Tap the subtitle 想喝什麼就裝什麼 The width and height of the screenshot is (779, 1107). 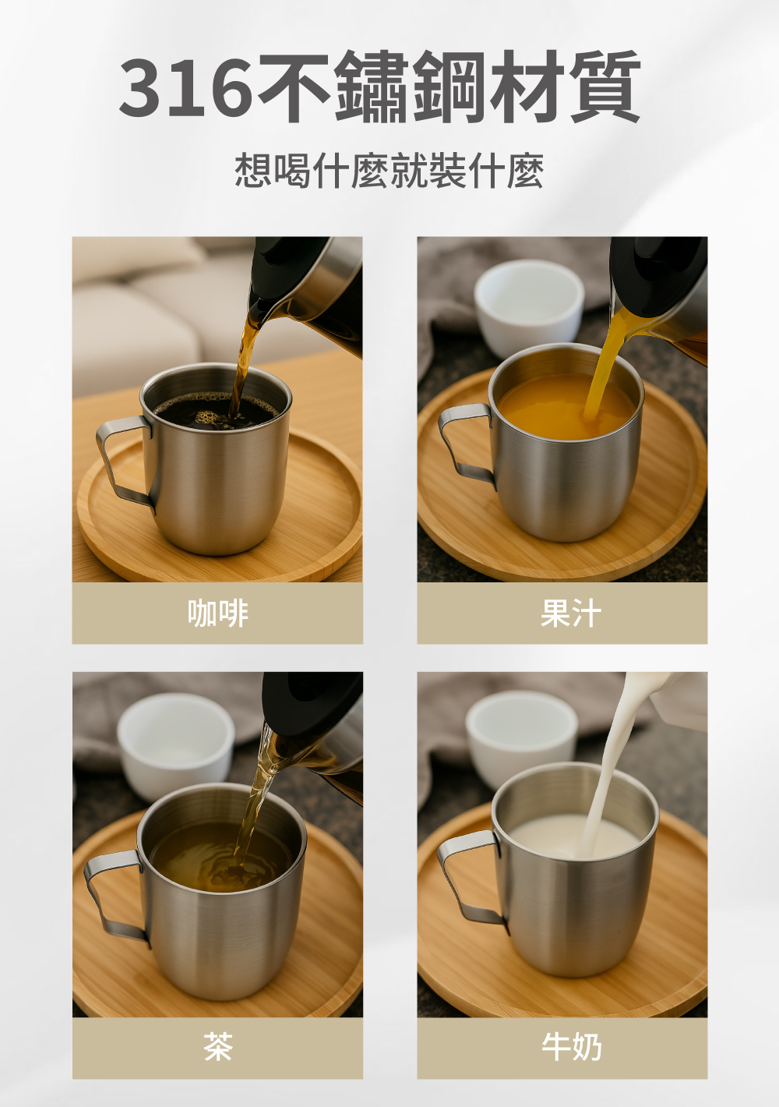pos(389,171)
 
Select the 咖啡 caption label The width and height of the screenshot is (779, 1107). pos(218,614)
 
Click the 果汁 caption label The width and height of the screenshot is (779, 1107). pos(571,614)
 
